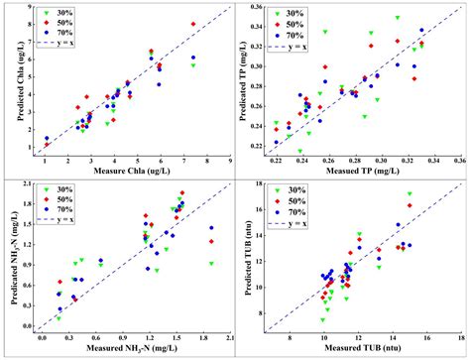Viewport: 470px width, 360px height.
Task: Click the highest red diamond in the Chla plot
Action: pos(192,24)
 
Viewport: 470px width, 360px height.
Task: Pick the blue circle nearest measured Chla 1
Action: pos(46,138)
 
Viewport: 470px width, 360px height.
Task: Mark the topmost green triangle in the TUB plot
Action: pos(410,194)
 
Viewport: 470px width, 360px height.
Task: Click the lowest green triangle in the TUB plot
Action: pos(323,320)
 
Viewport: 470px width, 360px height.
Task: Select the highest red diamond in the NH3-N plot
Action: pos(181,193)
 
